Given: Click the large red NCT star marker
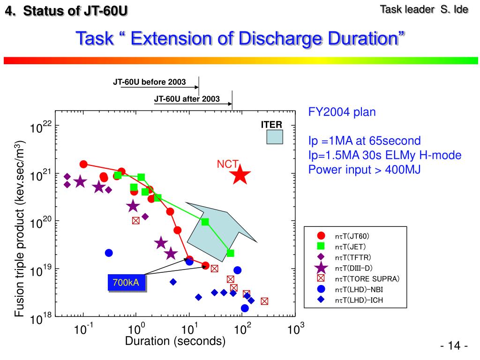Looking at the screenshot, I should tap(240, 175).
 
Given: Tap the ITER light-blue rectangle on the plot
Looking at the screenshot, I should tap(274, 137).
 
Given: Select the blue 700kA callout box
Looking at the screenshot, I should tap(126, 283).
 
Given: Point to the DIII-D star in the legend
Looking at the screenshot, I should tap(321, 268).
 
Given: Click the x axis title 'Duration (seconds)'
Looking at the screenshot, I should tap(175, 342).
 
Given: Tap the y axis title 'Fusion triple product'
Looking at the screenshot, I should tap(20, 228).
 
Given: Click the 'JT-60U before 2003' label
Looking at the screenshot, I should tap(149, 82).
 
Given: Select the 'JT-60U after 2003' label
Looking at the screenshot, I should tap(187, 99).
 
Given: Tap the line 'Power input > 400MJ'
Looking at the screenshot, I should tap(365, 170).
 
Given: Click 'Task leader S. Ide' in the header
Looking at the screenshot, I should tap(423, 9).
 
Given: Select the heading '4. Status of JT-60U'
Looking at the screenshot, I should tap(66, 10).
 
